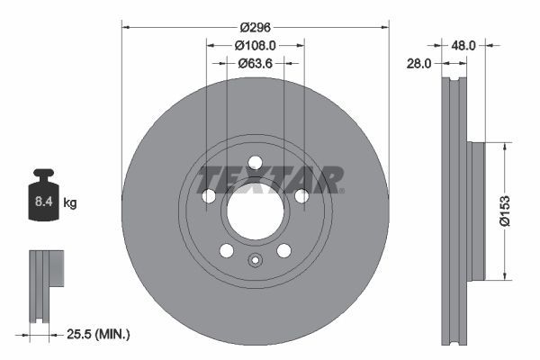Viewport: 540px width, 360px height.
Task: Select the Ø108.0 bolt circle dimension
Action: (255, 44)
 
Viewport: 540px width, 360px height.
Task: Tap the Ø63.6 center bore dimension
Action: (256, 63)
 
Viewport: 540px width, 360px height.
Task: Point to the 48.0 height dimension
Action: (463, 43)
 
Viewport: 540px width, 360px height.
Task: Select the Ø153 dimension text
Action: (505, 209)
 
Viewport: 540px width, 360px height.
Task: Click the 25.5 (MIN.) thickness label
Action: (98, 335)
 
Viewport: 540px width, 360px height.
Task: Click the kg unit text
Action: (70, 204)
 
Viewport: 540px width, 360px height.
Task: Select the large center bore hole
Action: (255, 212)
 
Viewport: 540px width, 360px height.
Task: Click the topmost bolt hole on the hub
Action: (255, 163)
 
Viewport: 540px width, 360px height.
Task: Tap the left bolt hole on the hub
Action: (209, 196)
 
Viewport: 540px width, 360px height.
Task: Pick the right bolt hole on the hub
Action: (301, 196)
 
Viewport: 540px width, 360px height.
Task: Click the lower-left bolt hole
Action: (227, 251)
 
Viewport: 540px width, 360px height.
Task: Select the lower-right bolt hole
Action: (283, 251)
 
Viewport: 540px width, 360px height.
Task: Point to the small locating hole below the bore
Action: (255, 263)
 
